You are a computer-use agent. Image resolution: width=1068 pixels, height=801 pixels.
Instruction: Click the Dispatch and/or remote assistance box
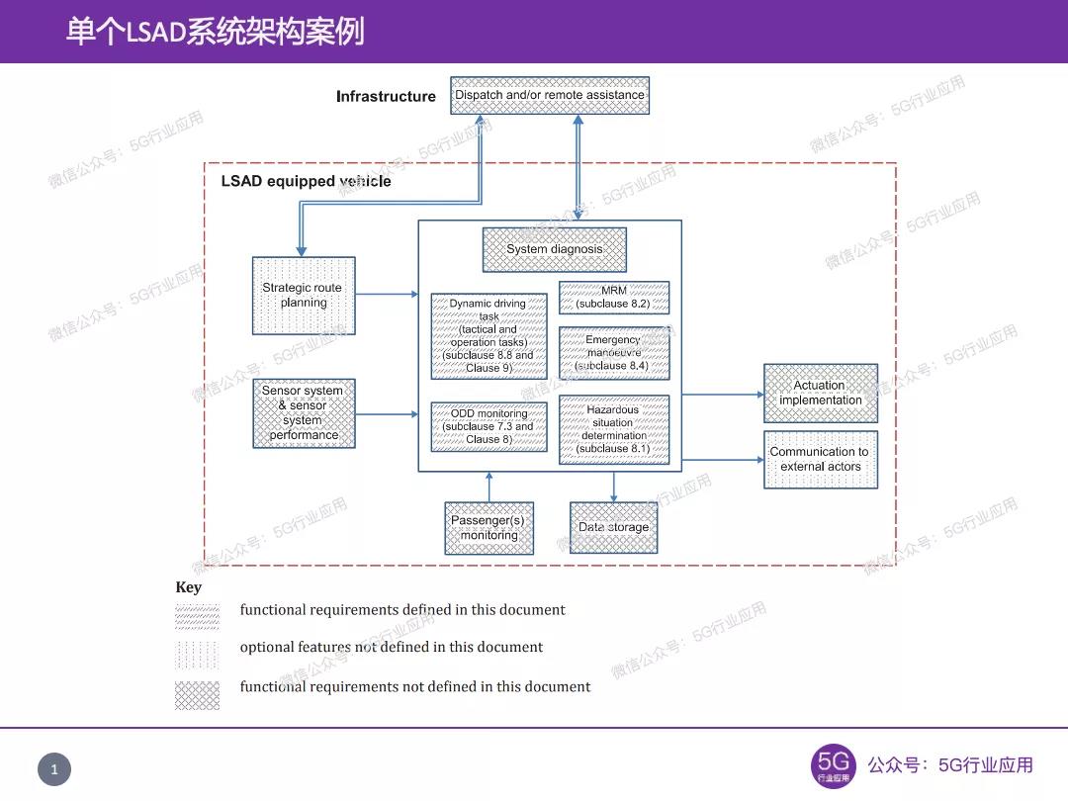[550, 96]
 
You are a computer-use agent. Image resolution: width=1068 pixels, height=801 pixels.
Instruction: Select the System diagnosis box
[554, 249]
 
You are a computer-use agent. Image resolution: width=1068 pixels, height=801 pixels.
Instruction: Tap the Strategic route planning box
[304, 296]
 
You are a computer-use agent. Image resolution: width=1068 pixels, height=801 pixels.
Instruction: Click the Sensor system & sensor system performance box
[304, 413]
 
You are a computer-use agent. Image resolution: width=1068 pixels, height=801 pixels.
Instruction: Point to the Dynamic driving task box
[489, 336]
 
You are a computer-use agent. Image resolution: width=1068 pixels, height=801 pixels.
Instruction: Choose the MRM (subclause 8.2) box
[613, 298]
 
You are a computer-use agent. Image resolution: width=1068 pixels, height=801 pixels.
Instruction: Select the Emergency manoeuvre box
[613, 353]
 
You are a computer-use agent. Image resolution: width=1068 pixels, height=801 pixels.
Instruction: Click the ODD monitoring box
[489, 427]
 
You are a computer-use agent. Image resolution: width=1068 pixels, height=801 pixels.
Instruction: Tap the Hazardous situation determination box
[613, 429]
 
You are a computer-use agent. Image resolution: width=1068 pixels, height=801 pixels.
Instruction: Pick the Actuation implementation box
[820, 394]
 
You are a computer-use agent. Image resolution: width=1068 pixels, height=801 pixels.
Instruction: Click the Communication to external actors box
[820, 460]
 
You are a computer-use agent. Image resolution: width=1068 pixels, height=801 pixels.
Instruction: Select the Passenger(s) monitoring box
[489, 528]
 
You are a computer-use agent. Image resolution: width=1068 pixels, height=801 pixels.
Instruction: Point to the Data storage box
[613, 528]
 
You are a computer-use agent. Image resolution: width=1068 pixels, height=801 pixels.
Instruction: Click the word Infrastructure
[386, 97]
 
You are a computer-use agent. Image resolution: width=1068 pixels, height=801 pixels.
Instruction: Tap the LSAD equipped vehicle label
[306, 182]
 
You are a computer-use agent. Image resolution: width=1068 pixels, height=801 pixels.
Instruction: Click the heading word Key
[188, 587]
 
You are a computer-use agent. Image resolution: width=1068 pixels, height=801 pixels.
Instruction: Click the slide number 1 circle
[54, 769]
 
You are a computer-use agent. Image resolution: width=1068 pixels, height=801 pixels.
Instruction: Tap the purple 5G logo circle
[834, 766]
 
